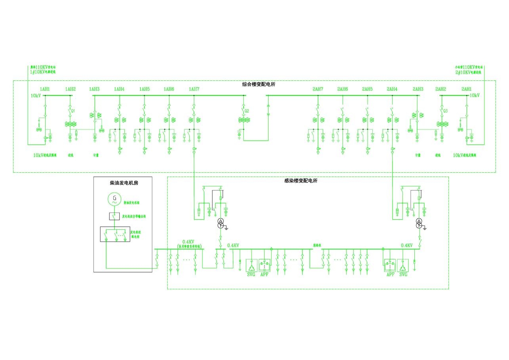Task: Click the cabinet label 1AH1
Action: [x=45, y=89]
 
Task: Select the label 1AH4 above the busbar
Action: [x=119, y=89]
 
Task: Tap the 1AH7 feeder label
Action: [x=194, y=89]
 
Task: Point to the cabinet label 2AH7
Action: [x=318, y=89]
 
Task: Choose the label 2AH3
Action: [x=418, y=89]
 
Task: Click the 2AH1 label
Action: [x=467, y=89]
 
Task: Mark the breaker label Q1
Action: [x=73, y=110]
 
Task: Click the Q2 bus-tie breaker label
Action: [x=247, y=110]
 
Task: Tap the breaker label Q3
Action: [x=445, y=110]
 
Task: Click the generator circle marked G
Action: [x=114, y=199]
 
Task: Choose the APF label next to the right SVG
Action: [x=391, y=274]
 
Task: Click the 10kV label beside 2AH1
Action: [x=474, y=95]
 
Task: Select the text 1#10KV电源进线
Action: [x=43, y=72]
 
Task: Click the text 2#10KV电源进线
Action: [x=469, y=72]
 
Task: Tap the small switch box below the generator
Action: [x=114, y=216]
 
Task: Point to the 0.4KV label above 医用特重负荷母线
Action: [x=188, y=242]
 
